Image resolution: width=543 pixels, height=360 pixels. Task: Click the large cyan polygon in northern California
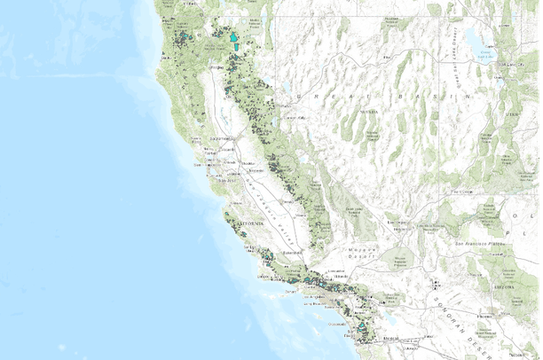click(x=234, y=42)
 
